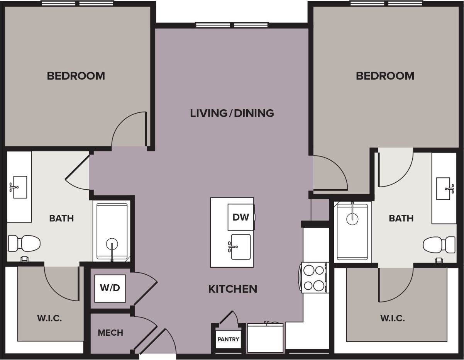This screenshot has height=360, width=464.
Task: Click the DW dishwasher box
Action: point(240,217)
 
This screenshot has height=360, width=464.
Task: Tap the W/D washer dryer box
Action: point(110,288)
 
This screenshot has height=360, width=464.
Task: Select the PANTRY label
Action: point(228,340)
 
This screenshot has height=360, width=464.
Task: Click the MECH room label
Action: point(110,333)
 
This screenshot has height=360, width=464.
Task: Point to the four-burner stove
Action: point(314,278)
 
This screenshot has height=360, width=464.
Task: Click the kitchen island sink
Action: point(240,247)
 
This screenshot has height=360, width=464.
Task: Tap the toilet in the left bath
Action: point(24,243)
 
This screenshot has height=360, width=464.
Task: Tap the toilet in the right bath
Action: point(439,245)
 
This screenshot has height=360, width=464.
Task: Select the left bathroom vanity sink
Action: point(19,187)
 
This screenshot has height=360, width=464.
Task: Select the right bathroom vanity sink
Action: point(444,188)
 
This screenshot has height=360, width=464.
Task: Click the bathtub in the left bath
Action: point(112,232)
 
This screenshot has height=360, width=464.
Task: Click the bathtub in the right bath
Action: point(352,231)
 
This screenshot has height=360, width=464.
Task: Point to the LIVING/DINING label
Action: point(232,113)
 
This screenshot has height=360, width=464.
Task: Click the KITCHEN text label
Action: point(233,289)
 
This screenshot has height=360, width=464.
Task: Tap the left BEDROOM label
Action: point(76,76)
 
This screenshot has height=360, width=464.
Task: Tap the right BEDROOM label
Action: point(385,76)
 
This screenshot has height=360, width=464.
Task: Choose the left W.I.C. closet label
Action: point(49,319)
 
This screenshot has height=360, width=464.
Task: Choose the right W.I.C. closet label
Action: point(393,319)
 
